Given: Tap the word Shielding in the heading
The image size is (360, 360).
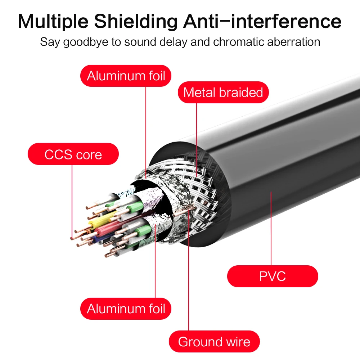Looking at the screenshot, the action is click(x=135, y=21).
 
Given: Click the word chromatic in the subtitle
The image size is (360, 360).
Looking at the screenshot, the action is click(x=239, y=42).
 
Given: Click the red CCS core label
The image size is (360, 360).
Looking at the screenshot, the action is click(x=73, y=154).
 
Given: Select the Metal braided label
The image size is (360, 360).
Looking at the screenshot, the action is click(x=223, y=92).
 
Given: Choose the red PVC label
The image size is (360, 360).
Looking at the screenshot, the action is click(x=273, y=276).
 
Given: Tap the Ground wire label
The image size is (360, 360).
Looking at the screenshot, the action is click(x=214, y=341).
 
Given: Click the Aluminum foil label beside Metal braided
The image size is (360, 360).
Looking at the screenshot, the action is click(x=126, y=76).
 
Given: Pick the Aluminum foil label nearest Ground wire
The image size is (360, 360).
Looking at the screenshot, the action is click(x=126, y=309).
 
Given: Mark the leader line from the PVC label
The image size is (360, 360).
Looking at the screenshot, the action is click(x=271, y=229).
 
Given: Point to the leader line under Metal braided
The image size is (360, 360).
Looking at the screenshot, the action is click(x=197, y=140).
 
